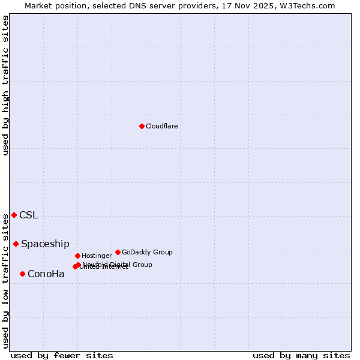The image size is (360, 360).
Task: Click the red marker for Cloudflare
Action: point(142,126)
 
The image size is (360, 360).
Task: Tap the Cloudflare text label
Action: point(161,126)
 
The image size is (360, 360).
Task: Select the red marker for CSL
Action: point(14,215)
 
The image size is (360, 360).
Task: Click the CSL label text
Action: point(28,215)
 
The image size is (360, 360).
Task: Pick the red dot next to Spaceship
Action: point(16,244)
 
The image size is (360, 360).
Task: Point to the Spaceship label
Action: point(45,244)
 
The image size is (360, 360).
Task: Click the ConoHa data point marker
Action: point(22,274)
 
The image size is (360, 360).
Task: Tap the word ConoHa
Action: point(46,274)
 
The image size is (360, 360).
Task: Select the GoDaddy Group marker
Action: point(118,252)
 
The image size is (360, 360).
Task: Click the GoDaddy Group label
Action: point(147,252)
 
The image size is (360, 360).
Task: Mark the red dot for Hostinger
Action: point(77,256)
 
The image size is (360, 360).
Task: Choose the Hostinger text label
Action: point(97,256)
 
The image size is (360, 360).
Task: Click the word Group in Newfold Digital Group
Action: point(142,265)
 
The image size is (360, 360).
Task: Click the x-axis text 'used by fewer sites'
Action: point(62,355)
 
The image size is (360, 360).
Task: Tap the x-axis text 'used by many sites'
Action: point(301,355)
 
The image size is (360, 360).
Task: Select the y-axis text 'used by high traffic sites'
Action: point(5,85)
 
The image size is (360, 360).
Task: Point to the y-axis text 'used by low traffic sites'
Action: point(5,280)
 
